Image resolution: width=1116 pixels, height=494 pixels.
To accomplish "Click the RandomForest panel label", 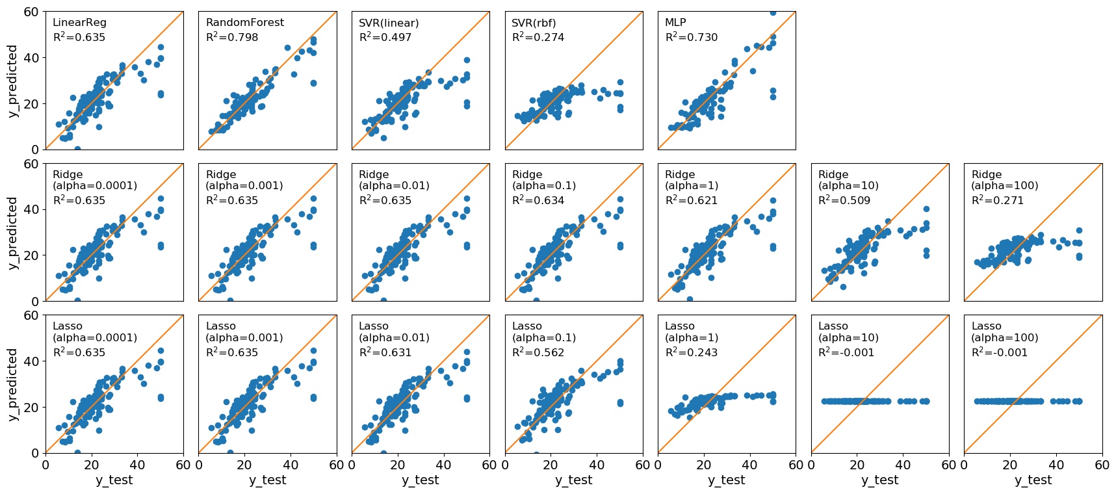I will pyautogui.click(x=244, y=23).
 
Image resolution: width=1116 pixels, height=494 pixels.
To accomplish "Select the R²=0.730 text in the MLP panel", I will pyautogui.click(x=691, y=38).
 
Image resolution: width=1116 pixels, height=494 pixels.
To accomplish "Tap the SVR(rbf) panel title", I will pyautogui.click(x=534, y=23).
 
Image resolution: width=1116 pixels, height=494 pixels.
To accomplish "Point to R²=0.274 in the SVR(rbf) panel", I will pyautogui.click(x=538, y=38).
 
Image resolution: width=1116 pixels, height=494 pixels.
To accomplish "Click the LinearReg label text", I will pyautogui.click(x=79, y=23).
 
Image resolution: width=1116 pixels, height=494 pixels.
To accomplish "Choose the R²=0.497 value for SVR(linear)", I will pyautogui.click(x=385, y=38).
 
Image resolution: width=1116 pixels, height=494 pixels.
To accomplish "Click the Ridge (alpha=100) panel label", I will pyautogui.click(x=1004, y=180).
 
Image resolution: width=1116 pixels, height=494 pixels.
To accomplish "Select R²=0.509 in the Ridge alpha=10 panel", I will pyautogui.click(x=844, y=200).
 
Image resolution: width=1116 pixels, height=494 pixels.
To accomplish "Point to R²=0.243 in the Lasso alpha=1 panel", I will pyautogui.click(x=691, y=352).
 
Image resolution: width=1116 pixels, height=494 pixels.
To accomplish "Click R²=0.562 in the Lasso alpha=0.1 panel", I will pyautogui.click(x=538, y=352).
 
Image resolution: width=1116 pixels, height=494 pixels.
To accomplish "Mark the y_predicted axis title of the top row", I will pyautogui.click(x=12, y=81).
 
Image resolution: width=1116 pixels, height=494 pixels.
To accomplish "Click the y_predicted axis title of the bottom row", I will pyautogui.click(x=12, y=384).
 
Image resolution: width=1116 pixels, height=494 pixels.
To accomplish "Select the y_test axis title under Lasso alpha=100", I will pyautogui.click(x=1033, y=480).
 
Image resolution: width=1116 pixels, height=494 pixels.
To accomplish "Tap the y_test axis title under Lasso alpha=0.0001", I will pyautogui.click(x=114, y=480).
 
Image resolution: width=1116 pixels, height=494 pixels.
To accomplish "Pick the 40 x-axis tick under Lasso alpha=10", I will pyautogui.click(x=903, y=465).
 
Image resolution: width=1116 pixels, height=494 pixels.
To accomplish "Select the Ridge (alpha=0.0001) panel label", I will pyautogui.click(x=94, y=180).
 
